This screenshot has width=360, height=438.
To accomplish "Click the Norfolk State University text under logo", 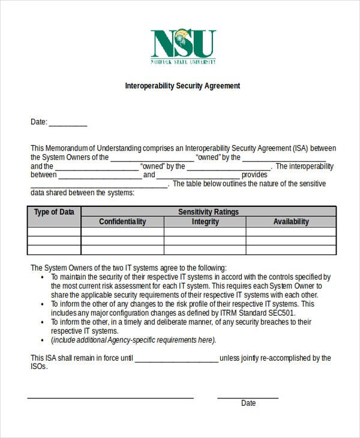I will [183, 62].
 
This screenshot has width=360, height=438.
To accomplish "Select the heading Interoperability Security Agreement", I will [182, 86].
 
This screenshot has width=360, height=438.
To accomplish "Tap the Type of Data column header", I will [54, 212].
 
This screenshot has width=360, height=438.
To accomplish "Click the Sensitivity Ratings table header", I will [208, 212].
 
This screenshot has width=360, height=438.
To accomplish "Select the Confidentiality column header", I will [122, 221].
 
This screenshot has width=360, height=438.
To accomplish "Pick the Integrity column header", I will [205, 221].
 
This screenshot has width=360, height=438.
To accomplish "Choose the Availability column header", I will [291, 221].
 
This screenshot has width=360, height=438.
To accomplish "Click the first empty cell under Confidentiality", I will [122, 232].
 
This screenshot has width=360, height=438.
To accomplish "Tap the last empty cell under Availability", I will [291, 250].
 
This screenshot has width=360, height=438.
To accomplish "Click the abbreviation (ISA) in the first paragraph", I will [302, 148].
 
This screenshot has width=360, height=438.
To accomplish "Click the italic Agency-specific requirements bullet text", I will [133, 340].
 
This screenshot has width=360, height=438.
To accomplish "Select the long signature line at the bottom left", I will [110, 398].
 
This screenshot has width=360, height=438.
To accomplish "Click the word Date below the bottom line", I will [248, 403].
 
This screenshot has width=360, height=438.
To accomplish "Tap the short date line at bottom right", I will [248, 398].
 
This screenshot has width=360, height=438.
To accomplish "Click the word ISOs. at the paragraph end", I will [39, 367].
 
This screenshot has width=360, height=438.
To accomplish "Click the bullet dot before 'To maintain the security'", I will [42, 278].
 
